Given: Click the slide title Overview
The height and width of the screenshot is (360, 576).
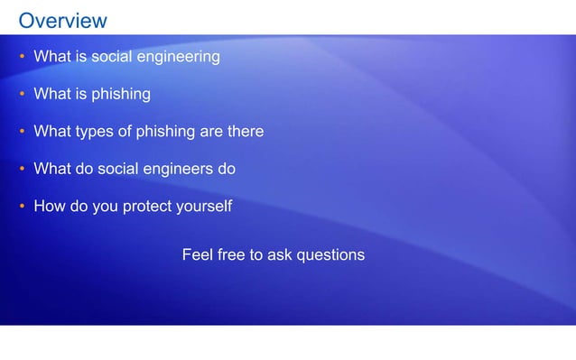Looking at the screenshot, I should click(x=62, y=20).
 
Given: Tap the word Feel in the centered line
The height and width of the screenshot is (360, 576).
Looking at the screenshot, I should click(x=198, y=255).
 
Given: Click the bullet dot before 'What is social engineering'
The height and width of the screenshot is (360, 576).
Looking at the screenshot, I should click(x=22, y=57).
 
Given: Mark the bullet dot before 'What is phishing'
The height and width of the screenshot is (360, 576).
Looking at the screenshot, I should click(x=22, y=94).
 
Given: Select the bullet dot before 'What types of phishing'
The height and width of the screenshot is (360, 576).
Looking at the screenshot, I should click(x=22, y=132).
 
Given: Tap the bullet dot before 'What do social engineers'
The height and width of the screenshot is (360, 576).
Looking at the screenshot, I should click(x=22, y=169).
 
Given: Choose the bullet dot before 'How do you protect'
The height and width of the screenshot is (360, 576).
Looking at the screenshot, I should click(x=22, y=207).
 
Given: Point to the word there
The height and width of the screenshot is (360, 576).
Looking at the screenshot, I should click(x=245, y=132).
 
